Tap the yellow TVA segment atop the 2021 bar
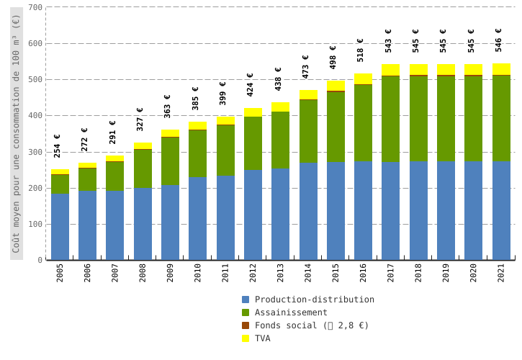[501, 69]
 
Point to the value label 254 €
[57, 146]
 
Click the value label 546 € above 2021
[498, 40]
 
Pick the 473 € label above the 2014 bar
[305, 67]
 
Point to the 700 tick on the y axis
[35, 7]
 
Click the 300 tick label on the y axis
[35, 152]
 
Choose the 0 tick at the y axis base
[40, 260]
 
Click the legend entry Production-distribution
[314, 300]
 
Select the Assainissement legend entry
[291, 312]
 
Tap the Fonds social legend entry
[311, 325]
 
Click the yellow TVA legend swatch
[246, 338]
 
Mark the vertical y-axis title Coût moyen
[16, 133]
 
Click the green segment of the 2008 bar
[143, 168]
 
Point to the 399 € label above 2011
[222, 94]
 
